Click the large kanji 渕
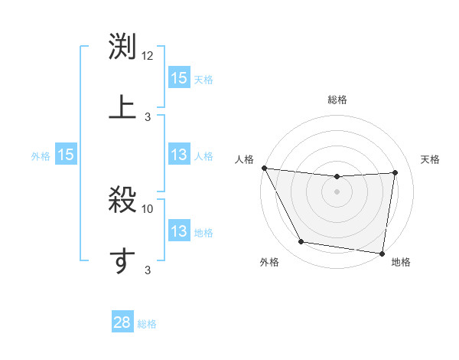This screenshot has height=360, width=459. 122,48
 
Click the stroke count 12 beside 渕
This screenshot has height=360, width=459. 148,56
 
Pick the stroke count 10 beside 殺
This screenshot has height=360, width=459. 148,208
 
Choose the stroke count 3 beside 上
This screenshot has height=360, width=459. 148,116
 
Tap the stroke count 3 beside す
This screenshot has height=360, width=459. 148,270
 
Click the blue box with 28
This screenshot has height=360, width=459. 122,322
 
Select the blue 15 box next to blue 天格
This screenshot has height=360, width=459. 179,78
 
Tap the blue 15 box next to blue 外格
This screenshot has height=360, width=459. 66,155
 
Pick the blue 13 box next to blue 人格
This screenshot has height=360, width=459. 179,155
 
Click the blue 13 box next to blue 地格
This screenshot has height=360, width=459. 179,231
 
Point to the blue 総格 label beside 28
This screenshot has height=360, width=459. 147,324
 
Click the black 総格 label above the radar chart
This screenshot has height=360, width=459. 337,100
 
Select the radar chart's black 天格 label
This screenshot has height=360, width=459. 431,159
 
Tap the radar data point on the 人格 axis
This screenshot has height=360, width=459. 264,168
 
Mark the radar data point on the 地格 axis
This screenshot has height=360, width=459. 382,253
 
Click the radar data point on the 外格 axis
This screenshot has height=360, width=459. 301,242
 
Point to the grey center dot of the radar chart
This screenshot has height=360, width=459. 337,191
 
